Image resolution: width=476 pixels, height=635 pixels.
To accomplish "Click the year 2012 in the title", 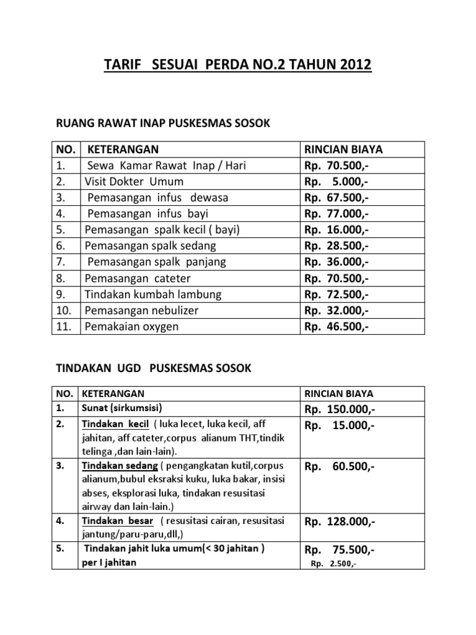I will tap(351, 65).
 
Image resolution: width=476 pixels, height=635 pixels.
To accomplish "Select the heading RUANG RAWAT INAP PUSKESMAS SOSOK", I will tap(164, 123).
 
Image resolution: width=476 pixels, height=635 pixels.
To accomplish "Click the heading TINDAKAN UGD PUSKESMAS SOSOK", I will tap(154, 368).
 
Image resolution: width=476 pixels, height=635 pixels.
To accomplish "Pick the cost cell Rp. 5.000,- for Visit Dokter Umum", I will tap(336, 182).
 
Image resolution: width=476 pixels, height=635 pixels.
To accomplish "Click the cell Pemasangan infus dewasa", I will tap(158, 198).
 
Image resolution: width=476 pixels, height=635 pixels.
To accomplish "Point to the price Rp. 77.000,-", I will tap(336, 214).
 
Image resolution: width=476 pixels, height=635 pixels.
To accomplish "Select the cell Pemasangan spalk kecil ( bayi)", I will tap(162, 230).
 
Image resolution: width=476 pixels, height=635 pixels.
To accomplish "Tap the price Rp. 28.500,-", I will tap(336, 246).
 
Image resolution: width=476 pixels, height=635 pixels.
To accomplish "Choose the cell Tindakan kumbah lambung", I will tap(153, 294).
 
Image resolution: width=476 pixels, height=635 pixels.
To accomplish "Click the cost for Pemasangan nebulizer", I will tap(336, 310).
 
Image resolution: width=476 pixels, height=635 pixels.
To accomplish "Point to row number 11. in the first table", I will tap(65, 326).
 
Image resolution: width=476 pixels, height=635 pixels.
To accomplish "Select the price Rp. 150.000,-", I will tap(340, 410).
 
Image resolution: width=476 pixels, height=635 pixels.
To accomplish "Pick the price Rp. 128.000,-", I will tap(340, 522).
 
